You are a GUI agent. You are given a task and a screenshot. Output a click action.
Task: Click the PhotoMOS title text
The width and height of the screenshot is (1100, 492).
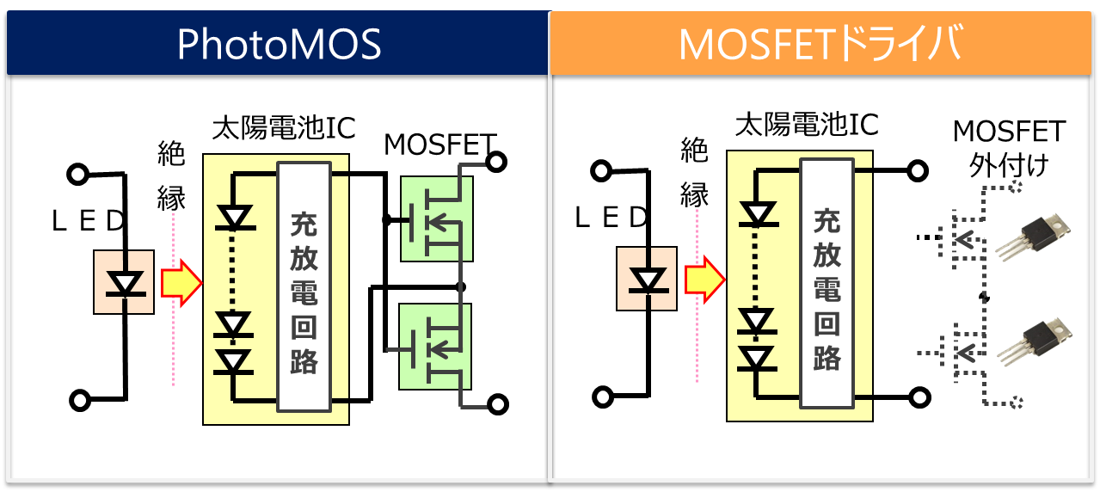(278, 45)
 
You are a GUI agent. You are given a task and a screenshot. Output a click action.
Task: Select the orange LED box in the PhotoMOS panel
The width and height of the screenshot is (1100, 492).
(124, 282)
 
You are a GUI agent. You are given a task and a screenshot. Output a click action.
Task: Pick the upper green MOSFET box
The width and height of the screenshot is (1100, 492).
(436, 218)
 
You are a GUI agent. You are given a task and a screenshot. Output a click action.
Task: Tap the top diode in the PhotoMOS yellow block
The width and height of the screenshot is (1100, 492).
(232, 216)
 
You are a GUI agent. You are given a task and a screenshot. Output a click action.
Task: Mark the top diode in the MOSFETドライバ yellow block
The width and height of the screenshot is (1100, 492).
(757, 212)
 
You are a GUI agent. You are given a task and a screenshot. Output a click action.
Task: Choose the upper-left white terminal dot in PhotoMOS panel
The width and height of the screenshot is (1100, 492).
(78, 175)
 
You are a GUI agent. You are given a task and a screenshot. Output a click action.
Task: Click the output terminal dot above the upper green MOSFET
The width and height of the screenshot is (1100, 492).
(495, 162)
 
